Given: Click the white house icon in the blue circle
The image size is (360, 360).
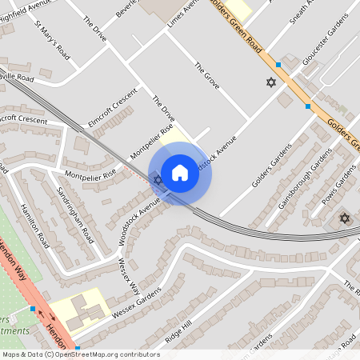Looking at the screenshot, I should coord(179,173).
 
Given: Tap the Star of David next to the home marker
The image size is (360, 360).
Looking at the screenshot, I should coord(158,180).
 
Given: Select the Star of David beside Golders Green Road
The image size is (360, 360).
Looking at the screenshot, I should coord(270,82).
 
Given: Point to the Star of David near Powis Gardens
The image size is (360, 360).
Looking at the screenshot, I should coord(345,218).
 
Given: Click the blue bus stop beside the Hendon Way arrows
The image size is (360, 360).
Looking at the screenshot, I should coord(32,308).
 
